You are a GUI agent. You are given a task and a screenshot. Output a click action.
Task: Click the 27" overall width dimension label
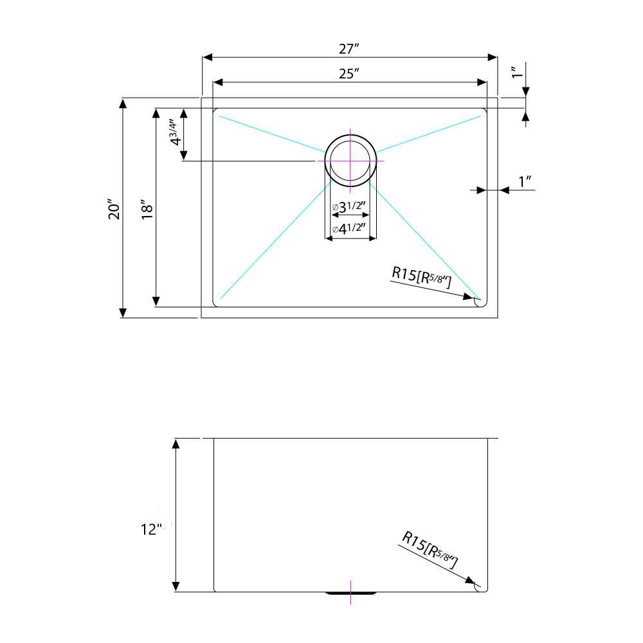click(x=349, y=49)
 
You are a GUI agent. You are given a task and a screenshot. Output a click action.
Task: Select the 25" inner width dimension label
click(x=349, y=74)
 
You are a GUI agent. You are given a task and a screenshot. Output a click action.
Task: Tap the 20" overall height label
click(x=114, y=209)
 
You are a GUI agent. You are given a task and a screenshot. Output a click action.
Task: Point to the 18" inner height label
click(x=147, y=209)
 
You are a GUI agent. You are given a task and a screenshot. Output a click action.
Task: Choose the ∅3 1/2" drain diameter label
click(x=349, y=206)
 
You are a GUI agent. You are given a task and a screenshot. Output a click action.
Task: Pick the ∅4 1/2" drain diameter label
click(x=349, y=228)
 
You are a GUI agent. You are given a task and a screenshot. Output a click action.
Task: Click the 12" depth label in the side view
click(x=151, y=529)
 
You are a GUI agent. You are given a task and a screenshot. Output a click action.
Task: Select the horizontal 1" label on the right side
click(x=525, y=181)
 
